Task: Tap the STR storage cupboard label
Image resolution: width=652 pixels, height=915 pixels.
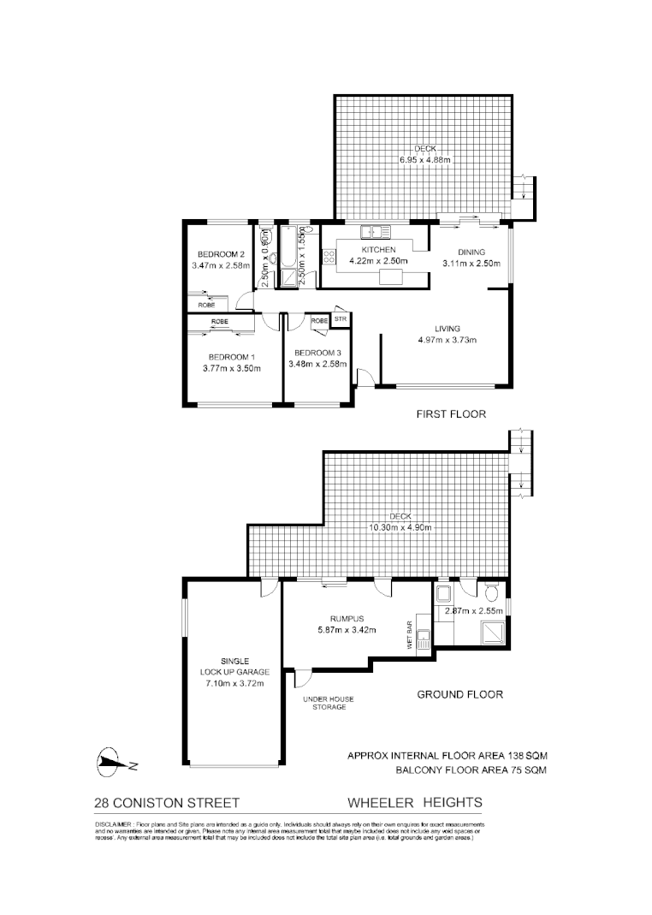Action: (x=341, y=319)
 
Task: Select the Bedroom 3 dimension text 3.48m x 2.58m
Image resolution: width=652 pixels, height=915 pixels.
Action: (x=319, y=364)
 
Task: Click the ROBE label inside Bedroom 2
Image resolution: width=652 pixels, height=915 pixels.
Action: (x=206, y=304)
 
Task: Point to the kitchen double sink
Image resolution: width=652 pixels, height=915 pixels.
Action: (x=375, y=231)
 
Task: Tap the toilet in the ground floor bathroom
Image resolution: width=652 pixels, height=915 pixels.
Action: (x=491, y=593)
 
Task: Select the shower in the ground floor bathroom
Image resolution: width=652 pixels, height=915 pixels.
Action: (x=492, y=631)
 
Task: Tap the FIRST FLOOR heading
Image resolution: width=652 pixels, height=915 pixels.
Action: (x=451, y=414)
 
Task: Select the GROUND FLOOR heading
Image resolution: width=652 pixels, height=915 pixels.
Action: (x=459, y=694)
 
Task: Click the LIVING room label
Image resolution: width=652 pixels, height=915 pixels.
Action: (x=447, y=329)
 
